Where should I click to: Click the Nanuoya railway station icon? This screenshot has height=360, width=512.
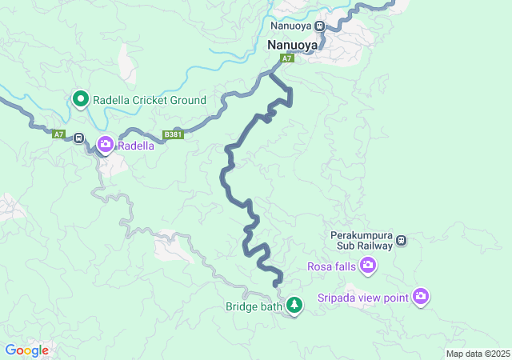point(320,25)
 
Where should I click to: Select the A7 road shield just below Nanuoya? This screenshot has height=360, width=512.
point(287,58)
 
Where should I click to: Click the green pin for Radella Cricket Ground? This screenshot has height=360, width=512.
point(81,99)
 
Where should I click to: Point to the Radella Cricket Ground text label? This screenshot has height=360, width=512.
point(150,100)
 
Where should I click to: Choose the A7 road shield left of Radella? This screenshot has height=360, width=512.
point(58,134)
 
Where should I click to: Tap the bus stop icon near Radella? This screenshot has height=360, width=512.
point(78,138)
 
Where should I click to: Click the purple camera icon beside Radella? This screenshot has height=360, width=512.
point(106,145)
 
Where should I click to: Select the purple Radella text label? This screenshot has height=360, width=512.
point(136,146)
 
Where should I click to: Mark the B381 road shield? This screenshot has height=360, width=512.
point(174,134)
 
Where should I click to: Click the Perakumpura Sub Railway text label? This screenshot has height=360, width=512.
point(362,241)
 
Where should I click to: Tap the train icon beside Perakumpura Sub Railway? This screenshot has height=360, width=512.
point(402,240)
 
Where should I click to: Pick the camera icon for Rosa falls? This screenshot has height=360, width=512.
point(368,266)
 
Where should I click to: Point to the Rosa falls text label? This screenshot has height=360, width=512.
point(332,266)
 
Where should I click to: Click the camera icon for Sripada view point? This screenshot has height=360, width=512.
point(422,298)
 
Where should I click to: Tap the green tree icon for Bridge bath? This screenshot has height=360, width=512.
point(295,306)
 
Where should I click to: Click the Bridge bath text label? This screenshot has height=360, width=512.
point(254,306)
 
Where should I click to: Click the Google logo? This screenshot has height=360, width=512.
point(26,350)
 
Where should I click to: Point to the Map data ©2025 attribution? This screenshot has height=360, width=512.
point(477,354)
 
